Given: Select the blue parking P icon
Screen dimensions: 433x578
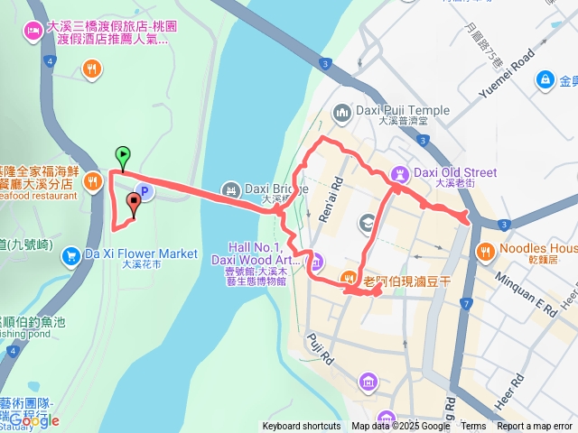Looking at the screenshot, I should [141, 191].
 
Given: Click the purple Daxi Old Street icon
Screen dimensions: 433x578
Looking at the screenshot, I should [399, 172].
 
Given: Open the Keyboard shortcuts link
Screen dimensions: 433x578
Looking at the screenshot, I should [302, 427].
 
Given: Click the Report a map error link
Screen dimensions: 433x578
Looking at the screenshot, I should [535, 427].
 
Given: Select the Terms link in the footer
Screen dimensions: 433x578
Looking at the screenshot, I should [473, 427].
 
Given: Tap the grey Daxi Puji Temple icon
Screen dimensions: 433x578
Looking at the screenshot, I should [341, 112].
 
